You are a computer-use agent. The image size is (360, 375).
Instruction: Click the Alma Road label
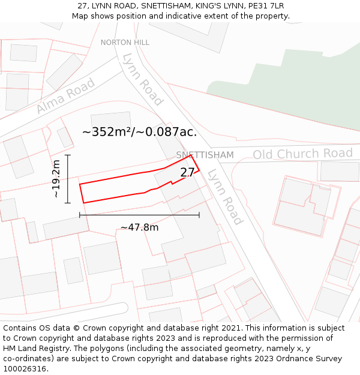65,95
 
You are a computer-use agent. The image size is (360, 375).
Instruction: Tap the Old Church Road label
302,154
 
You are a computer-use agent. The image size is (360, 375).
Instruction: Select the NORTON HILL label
125,43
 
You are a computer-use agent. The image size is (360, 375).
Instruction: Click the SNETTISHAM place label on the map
205,155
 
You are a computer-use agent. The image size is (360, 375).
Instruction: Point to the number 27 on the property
187,172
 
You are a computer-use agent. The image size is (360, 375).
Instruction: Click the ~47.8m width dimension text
139,227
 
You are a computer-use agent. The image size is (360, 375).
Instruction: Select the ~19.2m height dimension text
56,179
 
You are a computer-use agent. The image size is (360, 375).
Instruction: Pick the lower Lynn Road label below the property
225,197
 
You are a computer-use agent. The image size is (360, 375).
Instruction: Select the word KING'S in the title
199,6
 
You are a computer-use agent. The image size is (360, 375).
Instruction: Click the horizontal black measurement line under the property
139,215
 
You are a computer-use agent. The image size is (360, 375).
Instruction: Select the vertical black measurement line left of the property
68,179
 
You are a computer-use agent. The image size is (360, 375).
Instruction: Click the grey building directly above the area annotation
110,120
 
